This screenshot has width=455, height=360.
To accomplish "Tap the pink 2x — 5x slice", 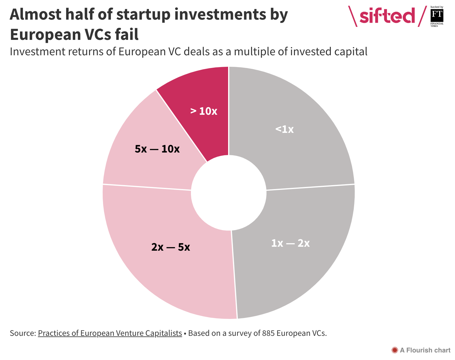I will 169,272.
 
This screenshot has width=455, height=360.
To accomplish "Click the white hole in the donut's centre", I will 229,193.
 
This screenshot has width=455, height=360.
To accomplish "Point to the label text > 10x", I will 204,111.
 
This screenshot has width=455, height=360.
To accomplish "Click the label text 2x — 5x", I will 170,247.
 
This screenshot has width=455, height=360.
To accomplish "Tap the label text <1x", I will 284,129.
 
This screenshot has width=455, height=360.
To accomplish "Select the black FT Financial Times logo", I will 437,15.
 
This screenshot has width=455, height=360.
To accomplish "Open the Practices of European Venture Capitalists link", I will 110,333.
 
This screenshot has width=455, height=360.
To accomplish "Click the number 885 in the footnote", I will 268,333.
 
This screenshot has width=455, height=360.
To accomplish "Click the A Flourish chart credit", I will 425,350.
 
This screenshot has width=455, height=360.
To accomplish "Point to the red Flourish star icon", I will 394,350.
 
